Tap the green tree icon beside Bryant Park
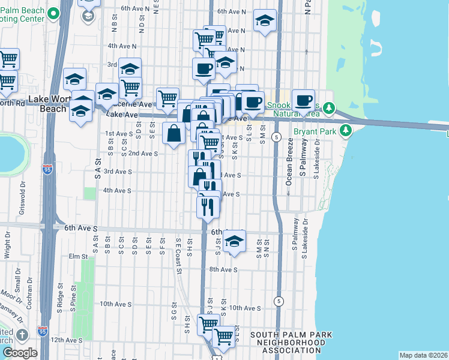(x=345, y=130)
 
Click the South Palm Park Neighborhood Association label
(x=291, y=343)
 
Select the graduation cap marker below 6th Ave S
(x=234, y=241)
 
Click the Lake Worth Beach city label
(x=48, y=104)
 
